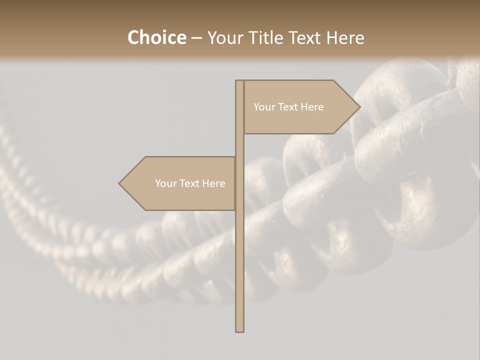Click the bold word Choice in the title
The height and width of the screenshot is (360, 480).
tap(156, 38)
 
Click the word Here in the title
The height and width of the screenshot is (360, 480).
tap(345, 38)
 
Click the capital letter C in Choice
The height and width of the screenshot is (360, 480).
tap(133, 38)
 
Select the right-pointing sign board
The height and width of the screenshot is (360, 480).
tap(300, 107)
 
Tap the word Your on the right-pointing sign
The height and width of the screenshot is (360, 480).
tap(264, 107)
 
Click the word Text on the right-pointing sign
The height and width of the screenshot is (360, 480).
tap(289, 107)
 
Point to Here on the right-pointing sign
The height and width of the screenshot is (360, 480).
tap(312, 107)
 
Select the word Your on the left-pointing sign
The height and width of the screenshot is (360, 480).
tap(166, 183)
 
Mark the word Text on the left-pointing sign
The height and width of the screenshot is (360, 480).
tap(190, 183)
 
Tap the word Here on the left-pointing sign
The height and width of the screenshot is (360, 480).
tap(214, 183)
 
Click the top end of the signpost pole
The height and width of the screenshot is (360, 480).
tap(239, 81)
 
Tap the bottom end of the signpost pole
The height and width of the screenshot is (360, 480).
tap(239, 330)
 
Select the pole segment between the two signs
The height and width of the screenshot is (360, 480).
tap(239, 145)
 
